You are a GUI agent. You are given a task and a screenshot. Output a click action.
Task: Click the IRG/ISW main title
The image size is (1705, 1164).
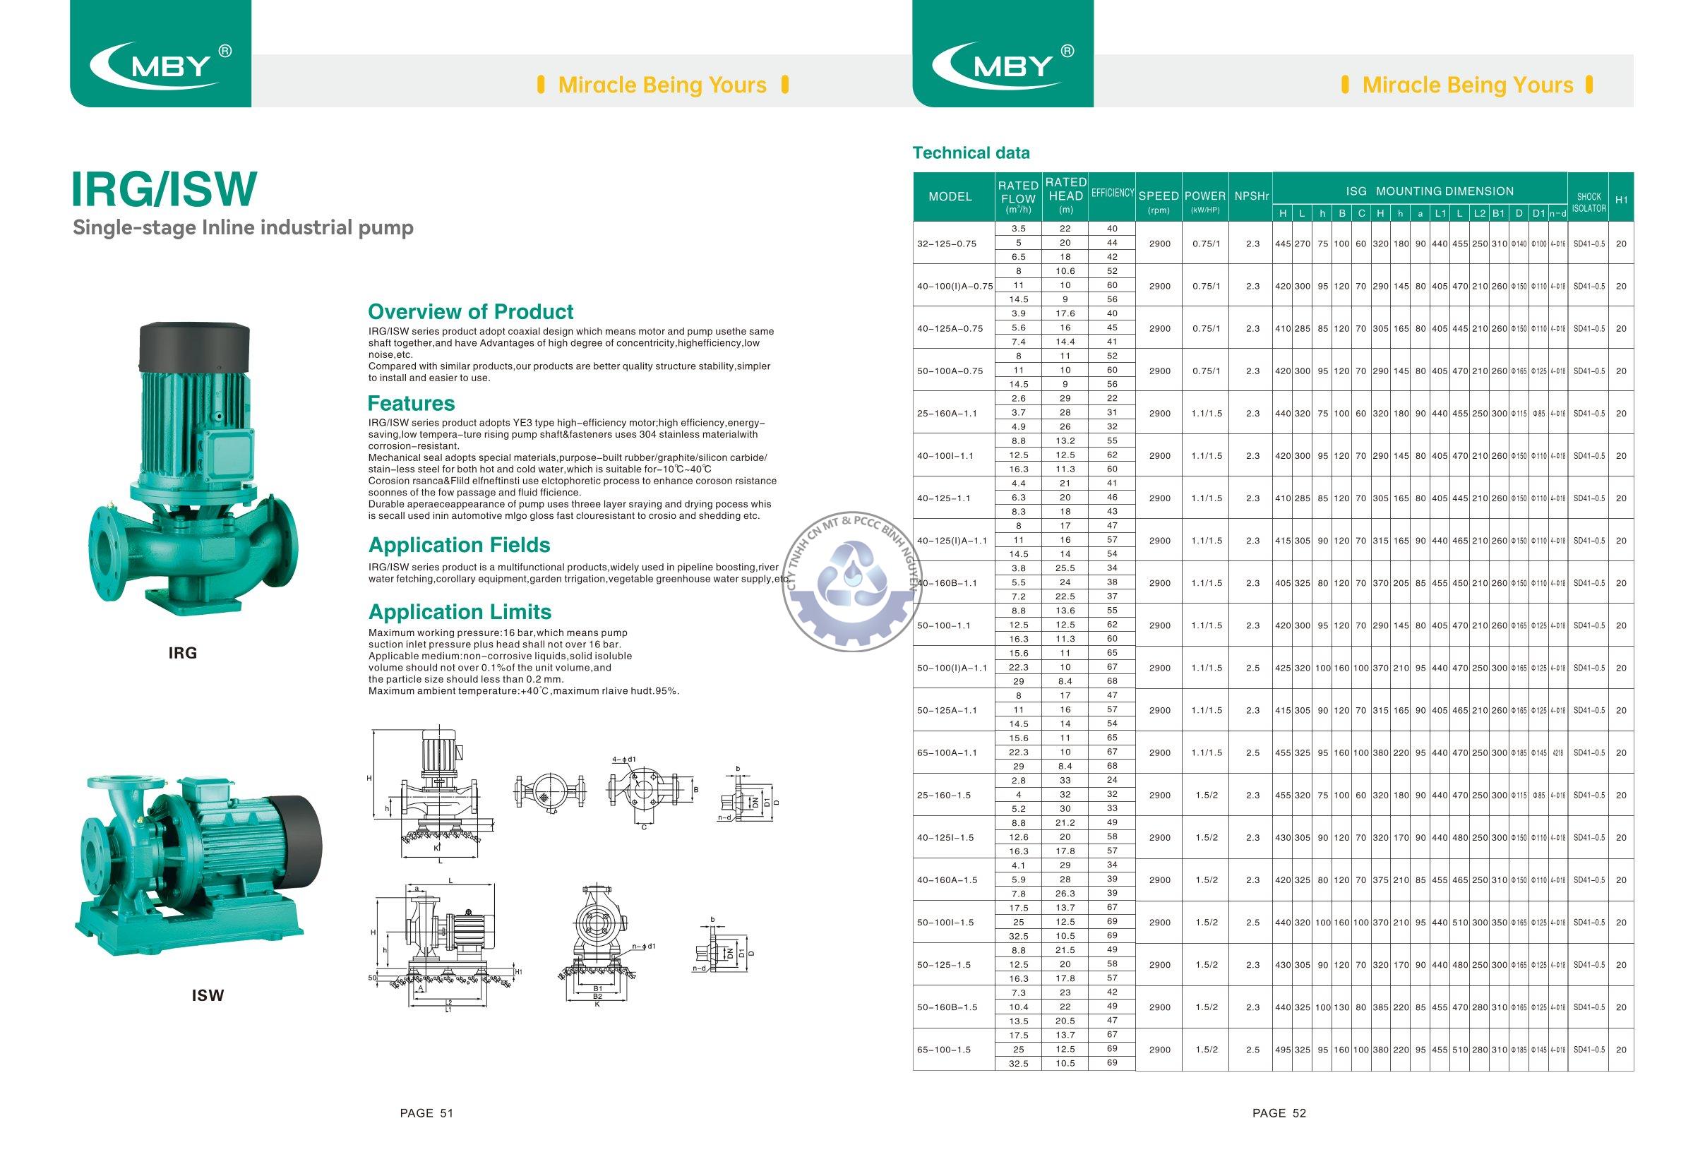(x=164, y=189)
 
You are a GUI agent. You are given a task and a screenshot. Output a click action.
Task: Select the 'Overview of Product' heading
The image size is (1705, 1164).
(x=470, y=312)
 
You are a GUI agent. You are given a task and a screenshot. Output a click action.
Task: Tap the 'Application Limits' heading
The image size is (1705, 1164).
(x=460, y=612)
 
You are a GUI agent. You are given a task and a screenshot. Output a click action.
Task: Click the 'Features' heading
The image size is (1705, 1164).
(x=411, y=403)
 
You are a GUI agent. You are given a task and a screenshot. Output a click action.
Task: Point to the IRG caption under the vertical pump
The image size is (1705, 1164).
(x=183, y=653)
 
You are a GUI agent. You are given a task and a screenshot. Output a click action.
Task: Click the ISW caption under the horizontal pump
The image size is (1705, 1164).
(x=208, y=995)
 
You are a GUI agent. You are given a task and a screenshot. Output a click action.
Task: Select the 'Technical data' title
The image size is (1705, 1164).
(x=971, y=152)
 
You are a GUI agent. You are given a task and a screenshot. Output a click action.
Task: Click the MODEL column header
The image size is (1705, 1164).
(x=950, y=196)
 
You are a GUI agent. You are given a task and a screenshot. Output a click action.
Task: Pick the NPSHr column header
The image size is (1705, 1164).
(x=1252, y=196)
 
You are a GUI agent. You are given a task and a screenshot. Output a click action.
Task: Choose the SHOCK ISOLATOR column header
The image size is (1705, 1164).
(x=1589, y=202)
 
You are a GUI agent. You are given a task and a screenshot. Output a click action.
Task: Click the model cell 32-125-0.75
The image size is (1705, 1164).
(x=947, y=244)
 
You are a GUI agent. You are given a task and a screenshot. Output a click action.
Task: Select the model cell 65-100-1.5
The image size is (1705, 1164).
(x=943, y=1050)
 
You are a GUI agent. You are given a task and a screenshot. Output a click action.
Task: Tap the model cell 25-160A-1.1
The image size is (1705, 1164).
(x=947, y=413)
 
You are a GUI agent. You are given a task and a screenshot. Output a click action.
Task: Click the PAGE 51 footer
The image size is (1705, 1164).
(x=426, y=1112)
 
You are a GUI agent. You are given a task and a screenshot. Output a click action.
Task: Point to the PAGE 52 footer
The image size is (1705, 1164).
(x=1279, y=1112)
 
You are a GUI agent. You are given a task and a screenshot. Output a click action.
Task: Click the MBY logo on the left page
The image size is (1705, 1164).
(x=161, y=64)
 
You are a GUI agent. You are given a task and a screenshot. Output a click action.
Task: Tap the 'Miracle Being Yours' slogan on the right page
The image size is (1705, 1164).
(x=1467, y=85)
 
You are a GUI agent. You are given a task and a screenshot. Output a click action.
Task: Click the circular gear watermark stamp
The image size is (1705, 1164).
(x=853, y=587)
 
